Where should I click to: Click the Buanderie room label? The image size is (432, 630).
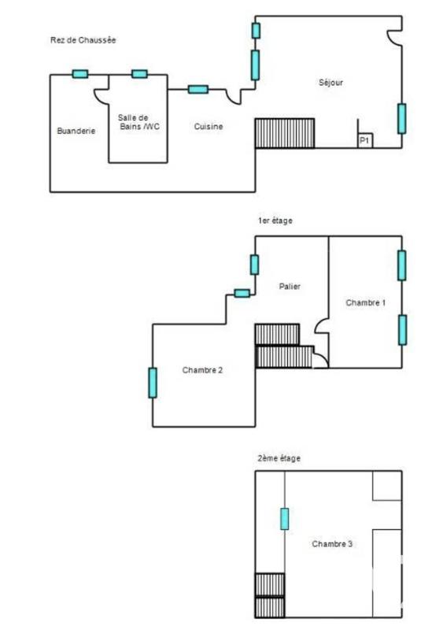click(x=76, y=132)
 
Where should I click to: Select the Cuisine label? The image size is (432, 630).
click(x=209, y=127)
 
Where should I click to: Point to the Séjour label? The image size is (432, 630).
click(x=330, y=83)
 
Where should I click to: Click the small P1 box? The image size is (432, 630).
click(x=364, y=140)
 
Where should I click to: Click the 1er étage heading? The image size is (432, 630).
click(x=275, y=221)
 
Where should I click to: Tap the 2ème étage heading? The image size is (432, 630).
click(x=279, y=458)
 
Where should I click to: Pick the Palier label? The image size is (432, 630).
click(x=290, y=287)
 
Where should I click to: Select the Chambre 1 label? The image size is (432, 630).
click(x=365, y=302)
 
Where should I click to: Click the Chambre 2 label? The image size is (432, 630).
click(x=202, y=369)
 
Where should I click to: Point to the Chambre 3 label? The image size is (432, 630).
click(x=332, y=544)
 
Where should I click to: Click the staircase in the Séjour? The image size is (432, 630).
click(x=285, y=132)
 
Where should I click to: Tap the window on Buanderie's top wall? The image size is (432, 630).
click(x=79, y=74)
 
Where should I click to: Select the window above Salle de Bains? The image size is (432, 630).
click(x=139, y=74)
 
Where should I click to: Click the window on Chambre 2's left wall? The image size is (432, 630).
click(x=153, y=383)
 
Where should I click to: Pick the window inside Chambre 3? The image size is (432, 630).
click(x=284, y=518)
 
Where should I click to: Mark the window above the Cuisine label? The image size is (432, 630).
click(x=198, y=89)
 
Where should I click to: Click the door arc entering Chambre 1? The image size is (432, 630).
click(x=321, y=328)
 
